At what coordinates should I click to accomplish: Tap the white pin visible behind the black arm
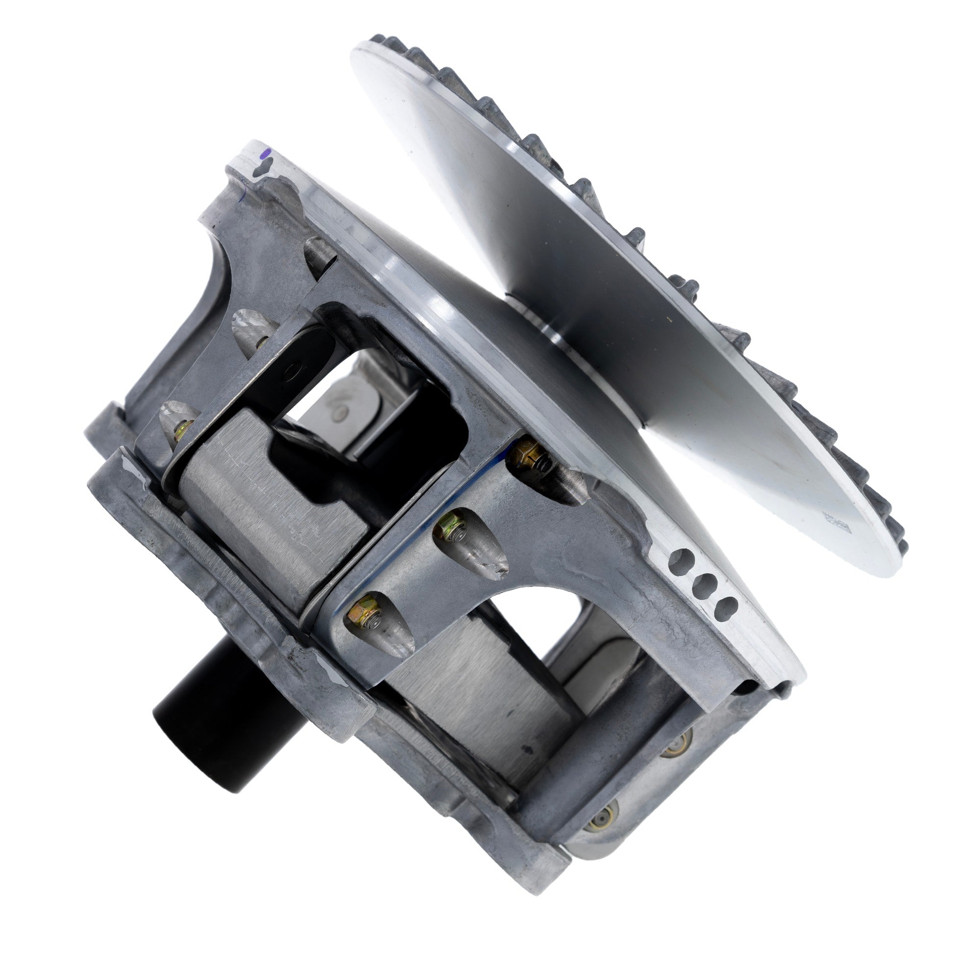coord(337,406)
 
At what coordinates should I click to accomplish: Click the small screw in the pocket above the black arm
coord(260,342)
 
